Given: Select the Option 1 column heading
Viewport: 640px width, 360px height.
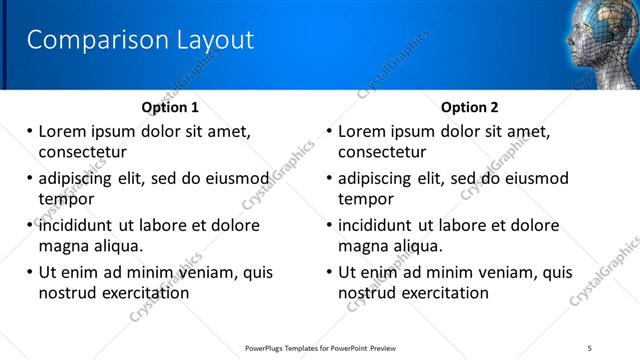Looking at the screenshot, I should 170,107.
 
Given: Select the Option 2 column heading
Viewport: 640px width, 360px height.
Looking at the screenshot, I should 470,107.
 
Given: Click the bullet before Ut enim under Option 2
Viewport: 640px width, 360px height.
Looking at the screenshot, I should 330,272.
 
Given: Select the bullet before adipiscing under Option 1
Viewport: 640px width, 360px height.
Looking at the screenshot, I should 30,178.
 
